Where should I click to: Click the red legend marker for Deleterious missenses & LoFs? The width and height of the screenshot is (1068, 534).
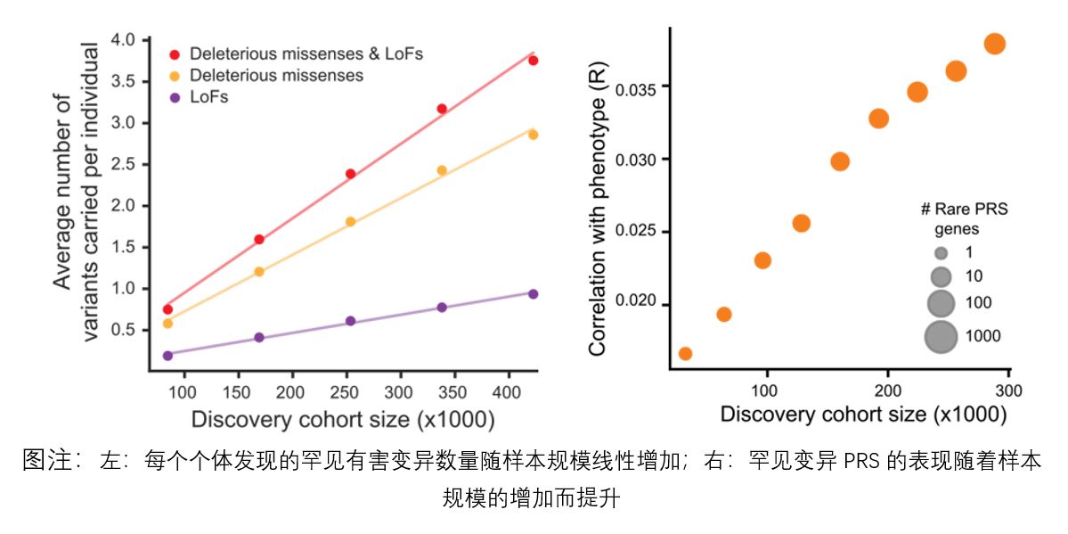click(x=175, y=55)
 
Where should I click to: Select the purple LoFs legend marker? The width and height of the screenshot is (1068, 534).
click(x=175, y=97)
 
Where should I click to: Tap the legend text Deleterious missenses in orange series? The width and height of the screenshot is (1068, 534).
click(x=276, y=76)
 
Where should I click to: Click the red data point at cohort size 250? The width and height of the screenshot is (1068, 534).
click(x=351, y=174)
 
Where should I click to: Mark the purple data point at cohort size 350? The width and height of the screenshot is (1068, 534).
click(x=442, y=308)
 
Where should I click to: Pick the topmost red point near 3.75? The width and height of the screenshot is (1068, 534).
click(x=534, y=61)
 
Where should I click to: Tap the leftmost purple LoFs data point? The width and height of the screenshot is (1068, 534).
click(x=167, y=355)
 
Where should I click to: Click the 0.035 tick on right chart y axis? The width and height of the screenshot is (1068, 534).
click(x=639, y=88)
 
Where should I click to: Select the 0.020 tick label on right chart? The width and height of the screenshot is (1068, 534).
click(x=639, y=303)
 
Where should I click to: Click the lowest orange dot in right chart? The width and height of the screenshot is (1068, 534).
click(x=685, y=354)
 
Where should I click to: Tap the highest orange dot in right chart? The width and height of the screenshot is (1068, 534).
click(x=995, y=44)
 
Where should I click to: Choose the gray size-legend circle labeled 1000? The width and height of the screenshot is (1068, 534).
click(x=941, y=336)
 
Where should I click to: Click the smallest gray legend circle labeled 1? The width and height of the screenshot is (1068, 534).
click(x=941, y=252)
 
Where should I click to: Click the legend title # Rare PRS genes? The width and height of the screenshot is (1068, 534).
click(x=964, y=219)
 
